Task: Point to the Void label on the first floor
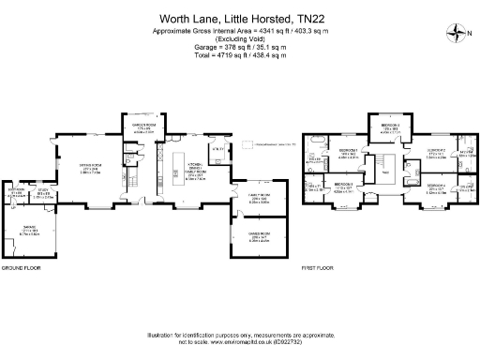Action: click(384, 172)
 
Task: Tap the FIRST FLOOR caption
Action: click(318, 269)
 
